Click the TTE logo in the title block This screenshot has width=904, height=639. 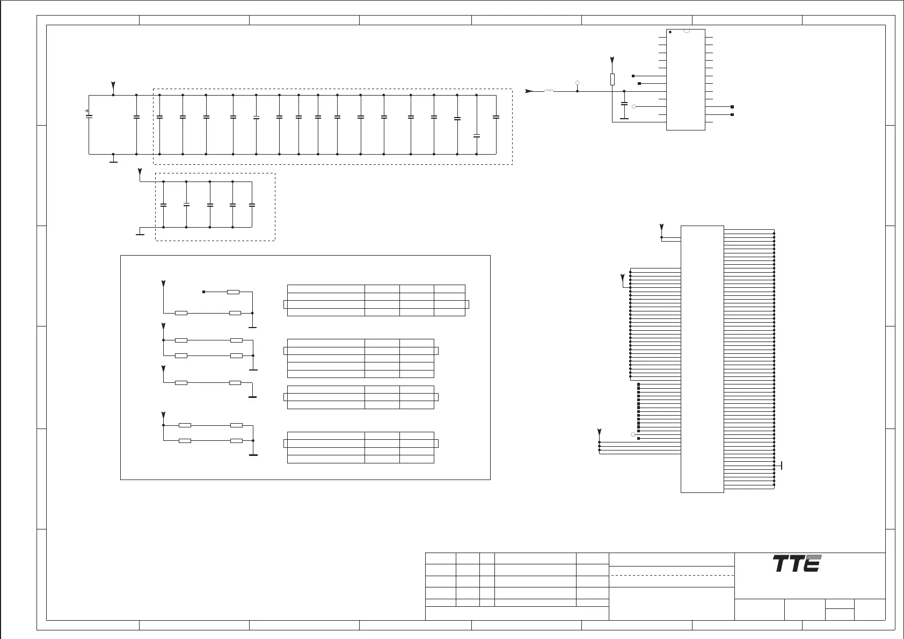coord(797,564)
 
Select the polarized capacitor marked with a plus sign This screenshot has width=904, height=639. coord(89,115)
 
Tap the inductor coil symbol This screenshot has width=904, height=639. coord(549,91)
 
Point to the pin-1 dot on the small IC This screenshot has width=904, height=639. coord(670,33)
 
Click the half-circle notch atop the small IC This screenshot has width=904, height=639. coord(686,31)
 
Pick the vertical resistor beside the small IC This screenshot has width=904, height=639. coord(613,79)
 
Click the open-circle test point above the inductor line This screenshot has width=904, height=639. coord(577,83)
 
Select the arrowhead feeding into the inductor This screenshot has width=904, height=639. coord(529,91)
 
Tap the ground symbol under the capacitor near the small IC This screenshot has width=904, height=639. coord(624,118)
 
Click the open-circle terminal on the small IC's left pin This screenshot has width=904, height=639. coord(634,107)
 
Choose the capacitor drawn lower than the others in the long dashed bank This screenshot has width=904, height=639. coord(477,136)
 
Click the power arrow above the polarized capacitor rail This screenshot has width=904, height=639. coord(113,86)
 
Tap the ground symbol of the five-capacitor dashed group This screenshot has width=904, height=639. coord(140,234)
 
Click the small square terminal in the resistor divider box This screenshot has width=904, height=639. coord(203,292)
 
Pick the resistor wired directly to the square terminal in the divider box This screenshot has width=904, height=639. coord(233,292)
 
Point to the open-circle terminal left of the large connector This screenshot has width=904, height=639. coord(633,434)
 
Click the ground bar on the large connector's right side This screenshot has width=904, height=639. coord(782,465)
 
